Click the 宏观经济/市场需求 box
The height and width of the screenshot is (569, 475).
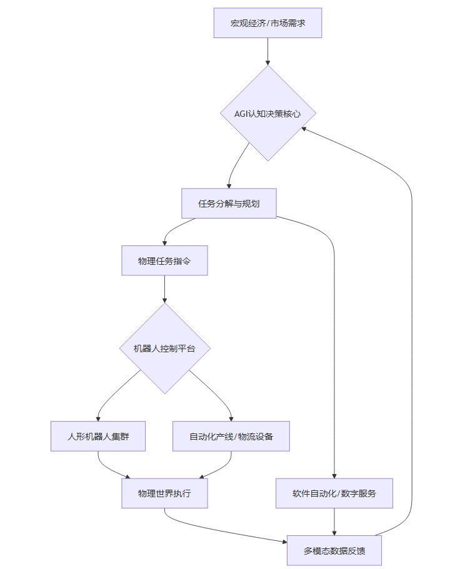point(267,23)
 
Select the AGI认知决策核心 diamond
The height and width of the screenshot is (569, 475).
point(267,114)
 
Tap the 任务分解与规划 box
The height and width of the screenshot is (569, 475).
point(229,203)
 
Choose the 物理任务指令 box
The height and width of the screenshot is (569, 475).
point(164,260)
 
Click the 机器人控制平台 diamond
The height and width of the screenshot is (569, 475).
point(164,348)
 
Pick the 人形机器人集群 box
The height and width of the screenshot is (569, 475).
point(98,436)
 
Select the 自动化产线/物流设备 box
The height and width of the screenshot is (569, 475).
point(231,436)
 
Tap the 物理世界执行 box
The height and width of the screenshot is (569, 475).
point(164,493)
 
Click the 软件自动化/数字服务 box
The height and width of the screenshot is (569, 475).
point(334,493)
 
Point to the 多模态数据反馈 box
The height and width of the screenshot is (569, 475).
point(334,551)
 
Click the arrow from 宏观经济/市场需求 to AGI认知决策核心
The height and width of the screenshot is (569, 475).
point(267,51)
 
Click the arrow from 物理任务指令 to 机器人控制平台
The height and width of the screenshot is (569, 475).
point(164,289)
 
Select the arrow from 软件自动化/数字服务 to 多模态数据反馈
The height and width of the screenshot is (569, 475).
point(334,522)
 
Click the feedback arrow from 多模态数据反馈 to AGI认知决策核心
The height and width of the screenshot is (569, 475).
point(412,312)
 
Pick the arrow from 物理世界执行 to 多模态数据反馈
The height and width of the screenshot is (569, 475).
point(225,528)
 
